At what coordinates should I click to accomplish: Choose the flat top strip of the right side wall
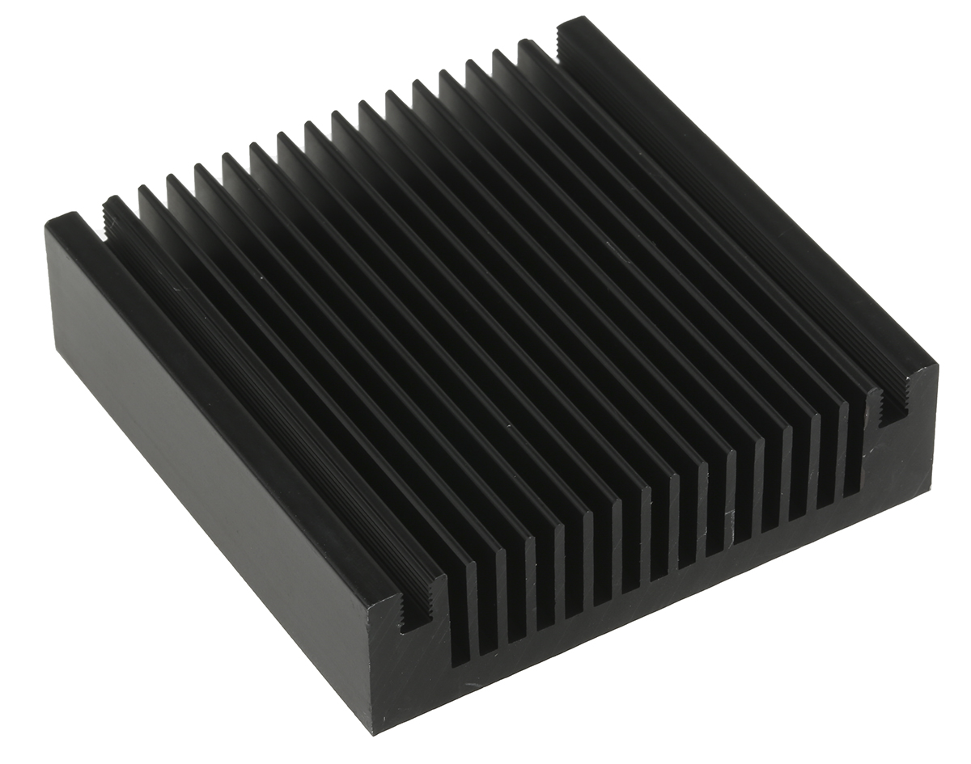coord(753,186)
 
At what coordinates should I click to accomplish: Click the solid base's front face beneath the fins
coord(647,614)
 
